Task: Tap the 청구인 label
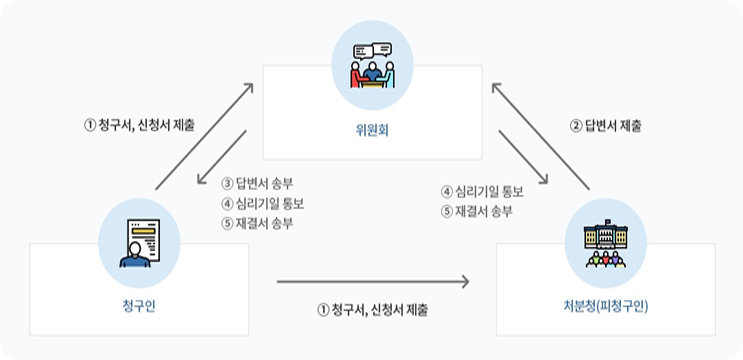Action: pos(139,306)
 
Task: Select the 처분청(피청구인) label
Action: pos(606,306)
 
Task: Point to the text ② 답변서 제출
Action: pos(606,127)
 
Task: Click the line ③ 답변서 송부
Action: pos(258,183)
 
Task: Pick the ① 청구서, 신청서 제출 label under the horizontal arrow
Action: pos(372,310)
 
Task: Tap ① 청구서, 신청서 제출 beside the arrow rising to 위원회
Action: pos(140,126)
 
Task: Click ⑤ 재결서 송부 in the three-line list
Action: pos(258,222)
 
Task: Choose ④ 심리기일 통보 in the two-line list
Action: pos(483,191)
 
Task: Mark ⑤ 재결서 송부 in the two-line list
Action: pos(478,211)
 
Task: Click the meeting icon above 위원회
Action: pos(372,58)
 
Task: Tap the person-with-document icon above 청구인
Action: pos(139,241)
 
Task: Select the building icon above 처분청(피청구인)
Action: pos(605,241)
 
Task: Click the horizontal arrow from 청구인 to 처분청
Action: pos(372,283)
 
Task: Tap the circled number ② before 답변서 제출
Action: pos(575,127)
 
